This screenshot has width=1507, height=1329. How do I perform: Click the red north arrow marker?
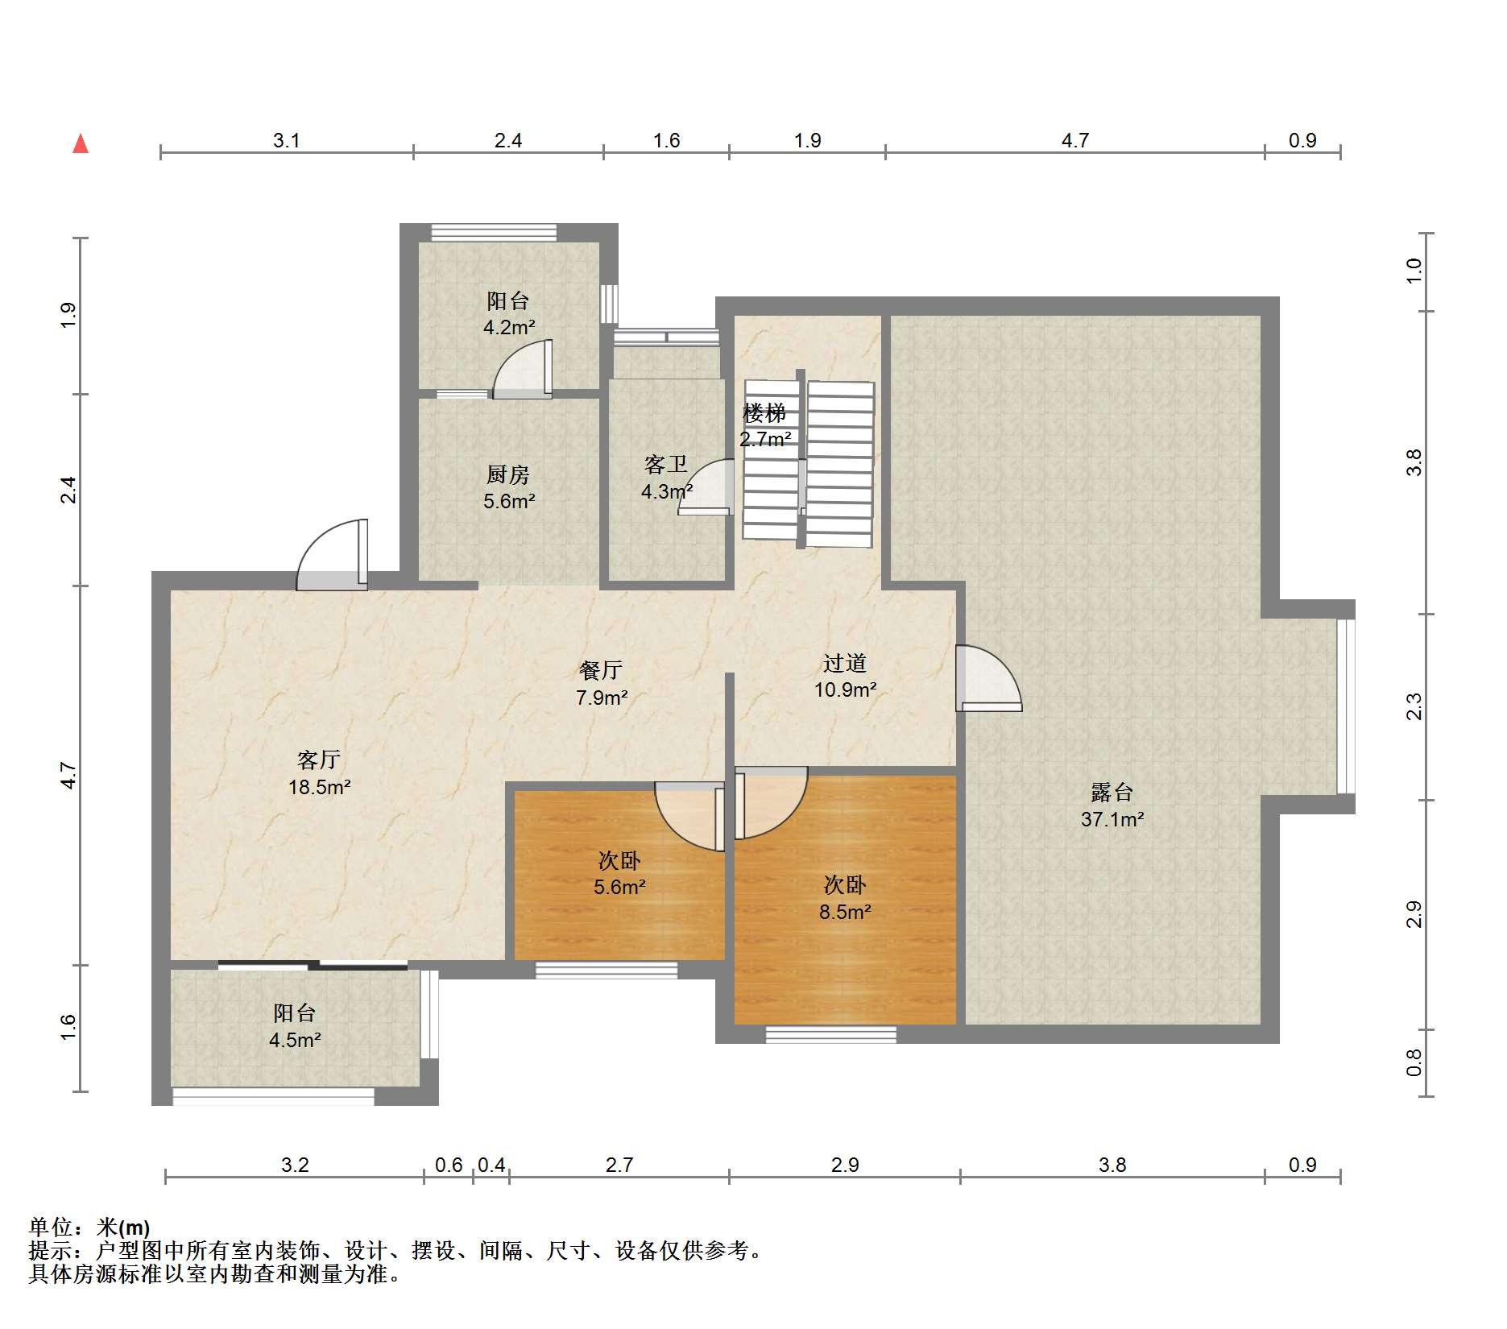pyautogui.click(x=81, y=143)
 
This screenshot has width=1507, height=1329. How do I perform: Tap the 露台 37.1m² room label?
pyautogui.click(x=1112, y=805)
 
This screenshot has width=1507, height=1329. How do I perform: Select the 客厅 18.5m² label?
pyautogui.click(x=319, y=773)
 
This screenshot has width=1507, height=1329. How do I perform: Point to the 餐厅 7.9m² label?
pyautogui.click(x=601, y=683)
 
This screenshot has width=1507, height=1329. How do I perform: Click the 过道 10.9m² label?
pyautogui.click(x=845, y=676)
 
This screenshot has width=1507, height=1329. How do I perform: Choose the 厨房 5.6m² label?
pyautogui.click(x=509, y=487)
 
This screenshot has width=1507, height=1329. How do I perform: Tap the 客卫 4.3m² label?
pyautogui.click(x=666, y=478)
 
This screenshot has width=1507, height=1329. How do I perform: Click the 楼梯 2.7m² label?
pyautogui.click(x=764, y=426)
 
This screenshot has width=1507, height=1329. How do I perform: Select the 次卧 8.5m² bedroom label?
pyautogui.click(x=845, y=898)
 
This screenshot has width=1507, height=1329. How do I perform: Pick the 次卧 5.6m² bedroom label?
pyautogui.click(x=619, y=874)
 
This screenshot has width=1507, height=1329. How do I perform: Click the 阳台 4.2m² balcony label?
pyautogui.click(x=509, y=313)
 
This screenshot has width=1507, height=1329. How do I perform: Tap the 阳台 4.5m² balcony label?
pyautogui.click(x=295, y=1025)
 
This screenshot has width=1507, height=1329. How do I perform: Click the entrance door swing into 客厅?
pyautogui.click(x=333, y=556)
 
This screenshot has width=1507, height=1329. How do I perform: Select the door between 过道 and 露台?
pyautogui.click(x=988, y=678)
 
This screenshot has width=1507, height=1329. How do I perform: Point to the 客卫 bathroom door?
pyautogui.click(x=706, y=487)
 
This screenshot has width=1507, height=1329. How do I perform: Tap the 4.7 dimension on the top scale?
pyautogui.click(x=1074, y=141)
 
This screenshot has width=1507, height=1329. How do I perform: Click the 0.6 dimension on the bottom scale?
pyautogui.click(x=449, y=1165)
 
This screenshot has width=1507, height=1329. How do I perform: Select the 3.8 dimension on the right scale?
pyautogui.click(x=1414, y=462)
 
